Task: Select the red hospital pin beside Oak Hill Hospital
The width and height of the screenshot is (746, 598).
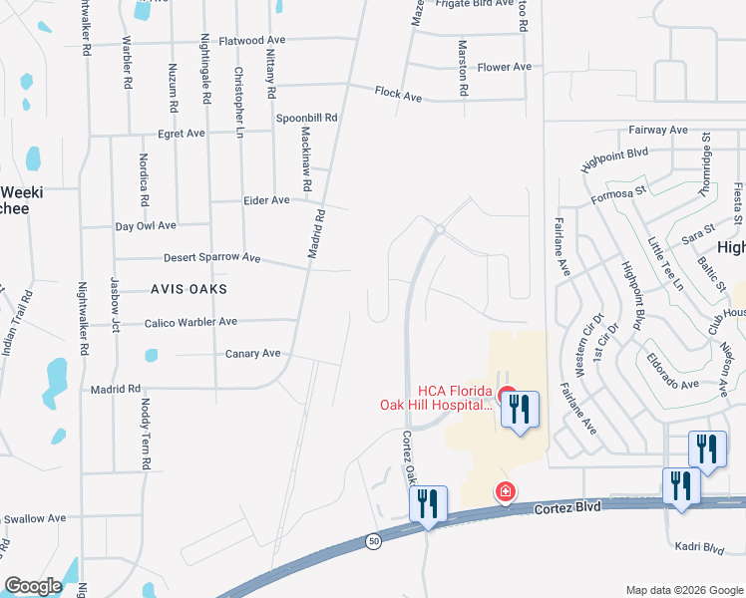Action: click(507, 396)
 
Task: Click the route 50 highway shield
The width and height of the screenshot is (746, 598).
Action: click(374, 540)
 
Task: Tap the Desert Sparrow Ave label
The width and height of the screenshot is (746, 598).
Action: click(211, 257)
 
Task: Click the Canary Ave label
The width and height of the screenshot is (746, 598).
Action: click(253, 354)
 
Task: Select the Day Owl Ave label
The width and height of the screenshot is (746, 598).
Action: click(146, 226)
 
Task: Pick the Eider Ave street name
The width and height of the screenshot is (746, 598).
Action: click(266, 200)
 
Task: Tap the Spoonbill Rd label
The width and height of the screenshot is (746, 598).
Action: click(307, 118)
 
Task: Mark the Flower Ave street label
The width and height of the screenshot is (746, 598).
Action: click(504, 68)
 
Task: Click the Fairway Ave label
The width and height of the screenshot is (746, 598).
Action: click(658, 131)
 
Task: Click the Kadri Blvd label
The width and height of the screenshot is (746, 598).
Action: click(699, 548)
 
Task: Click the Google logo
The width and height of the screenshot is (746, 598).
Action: click(34, 585)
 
